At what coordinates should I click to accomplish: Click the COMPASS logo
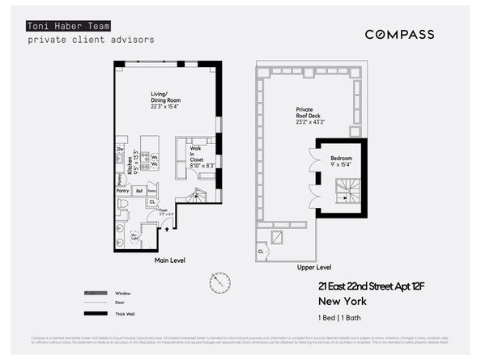399,34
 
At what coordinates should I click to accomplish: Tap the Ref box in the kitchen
139,191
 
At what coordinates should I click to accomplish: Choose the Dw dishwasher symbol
120,149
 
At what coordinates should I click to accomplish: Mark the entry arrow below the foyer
167,230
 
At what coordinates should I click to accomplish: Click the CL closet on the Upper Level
261,251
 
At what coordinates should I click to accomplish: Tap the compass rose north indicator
219,282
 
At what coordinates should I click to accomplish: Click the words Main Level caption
171,261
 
